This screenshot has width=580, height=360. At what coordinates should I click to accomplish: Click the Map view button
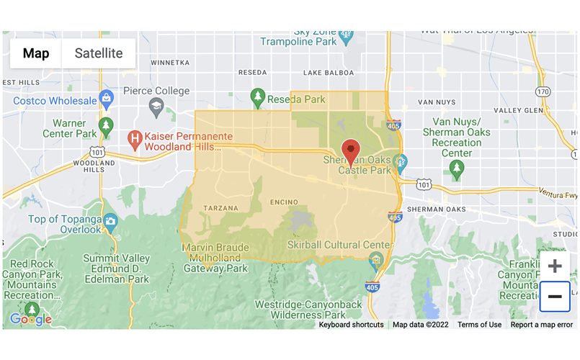36,53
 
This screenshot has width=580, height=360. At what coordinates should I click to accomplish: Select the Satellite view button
99,53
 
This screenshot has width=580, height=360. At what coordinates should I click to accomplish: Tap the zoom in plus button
555,266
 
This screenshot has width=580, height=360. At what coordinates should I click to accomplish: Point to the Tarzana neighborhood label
221,208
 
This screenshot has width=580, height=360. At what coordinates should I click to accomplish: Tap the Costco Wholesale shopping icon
107,97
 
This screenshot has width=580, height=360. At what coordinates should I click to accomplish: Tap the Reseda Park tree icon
257,96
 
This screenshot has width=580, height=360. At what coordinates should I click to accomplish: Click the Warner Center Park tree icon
106,125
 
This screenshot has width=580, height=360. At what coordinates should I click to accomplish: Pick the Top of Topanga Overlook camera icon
110,220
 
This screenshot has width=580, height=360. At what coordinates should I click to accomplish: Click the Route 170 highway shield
543,91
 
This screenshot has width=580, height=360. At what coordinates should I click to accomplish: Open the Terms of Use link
479,325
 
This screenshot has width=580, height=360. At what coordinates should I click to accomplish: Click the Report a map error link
542,325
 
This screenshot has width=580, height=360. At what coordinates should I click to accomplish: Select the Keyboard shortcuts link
351,325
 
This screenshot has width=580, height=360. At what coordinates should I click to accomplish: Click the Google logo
30,319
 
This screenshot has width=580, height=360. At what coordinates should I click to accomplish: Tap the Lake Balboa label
328,73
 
